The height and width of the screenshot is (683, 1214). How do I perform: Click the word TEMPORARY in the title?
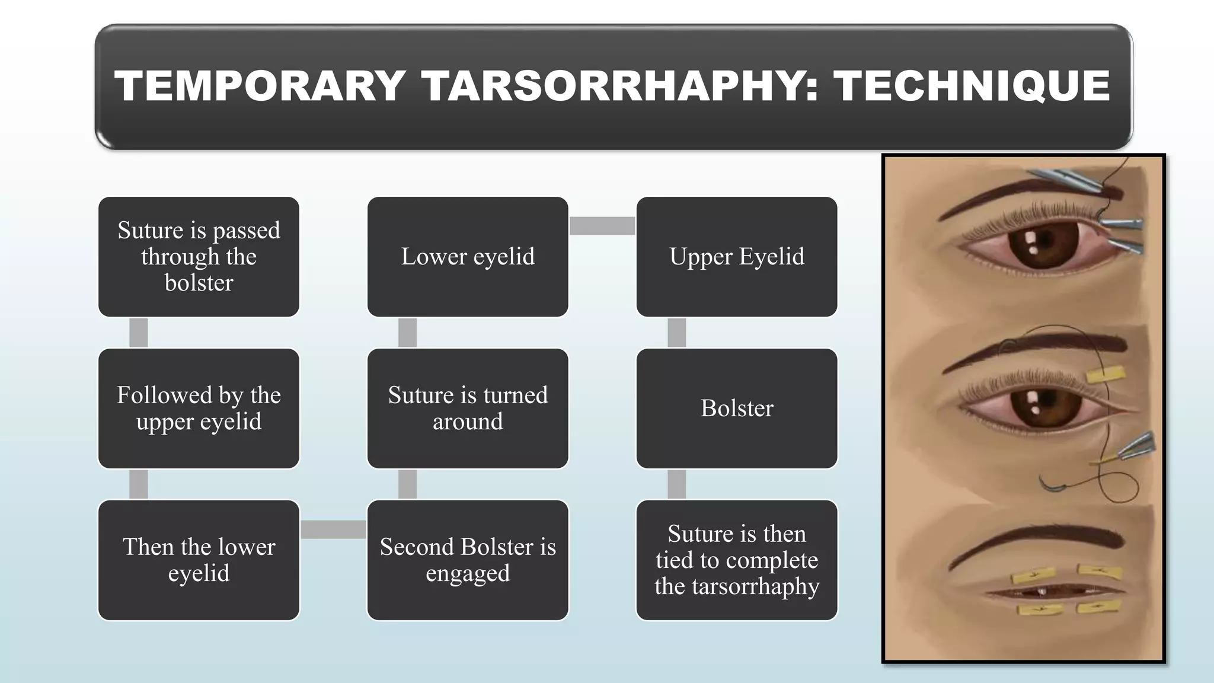pyautogui.click(x=260, y=87)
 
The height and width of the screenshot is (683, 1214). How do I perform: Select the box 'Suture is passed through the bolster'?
pyautogui.click(x=199, y=257)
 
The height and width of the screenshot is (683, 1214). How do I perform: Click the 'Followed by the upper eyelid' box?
pyautogui.click(x=199, y=408)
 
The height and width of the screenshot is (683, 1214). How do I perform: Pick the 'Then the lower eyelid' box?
pyautogui.click(x=199, y=560)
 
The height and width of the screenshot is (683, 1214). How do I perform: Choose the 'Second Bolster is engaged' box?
pyautogui.click(x=468, y=560)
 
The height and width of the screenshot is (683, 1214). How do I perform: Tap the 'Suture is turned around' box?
pyautogui.click(x=468, y=408)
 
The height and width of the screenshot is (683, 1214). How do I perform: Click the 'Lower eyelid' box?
pyautogui.click(x=468, y=257)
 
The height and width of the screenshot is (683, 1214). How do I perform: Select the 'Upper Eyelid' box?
pyautogui.click(x=737, y=257)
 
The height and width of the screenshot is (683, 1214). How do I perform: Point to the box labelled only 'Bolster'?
pyautogui.click(x=737, y=408)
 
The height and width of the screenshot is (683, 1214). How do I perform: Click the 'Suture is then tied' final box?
pyautogui.click(x=737, y=560)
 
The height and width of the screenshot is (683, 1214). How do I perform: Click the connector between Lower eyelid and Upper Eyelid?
pyautogui.click(x=602, y=225)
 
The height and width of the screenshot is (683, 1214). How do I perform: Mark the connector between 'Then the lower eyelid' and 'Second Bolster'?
pyautogui.click(x=333, y=529)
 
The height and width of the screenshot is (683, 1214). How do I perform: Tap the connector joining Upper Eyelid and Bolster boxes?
pyautogui.click(x=676, y=333)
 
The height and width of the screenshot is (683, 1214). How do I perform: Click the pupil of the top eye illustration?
pyautogui.click(x=1043, y=241)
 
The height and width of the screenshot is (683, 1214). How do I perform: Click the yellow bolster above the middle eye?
pyautogui.click(x=1106, y=375)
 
